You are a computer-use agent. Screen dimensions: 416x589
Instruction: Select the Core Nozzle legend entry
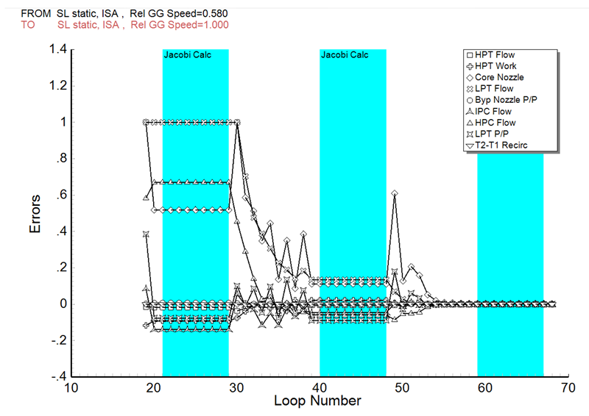coord(499,77)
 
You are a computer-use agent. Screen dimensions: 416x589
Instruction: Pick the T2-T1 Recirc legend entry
coord(501,146)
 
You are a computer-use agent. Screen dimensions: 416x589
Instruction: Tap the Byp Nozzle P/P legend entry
coord(505,100)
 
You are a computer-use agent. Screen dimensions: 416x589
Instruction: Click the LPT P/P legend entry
coord(494,135)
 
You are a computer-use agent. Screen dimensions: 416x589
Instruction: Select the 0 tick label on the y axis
coord(61,304)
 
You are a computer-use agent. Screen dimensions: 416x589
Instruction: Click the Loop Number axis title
coord(317,401)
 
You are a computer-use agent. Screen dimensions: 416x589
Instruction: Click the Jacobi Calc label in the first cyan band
coord(187,55)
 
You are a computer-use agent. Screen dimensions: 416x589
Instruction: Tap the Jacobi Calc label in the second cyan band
coord(345,55)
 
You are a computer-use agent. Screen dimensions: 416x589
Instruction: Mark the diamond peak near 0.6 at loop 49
coord(395,193)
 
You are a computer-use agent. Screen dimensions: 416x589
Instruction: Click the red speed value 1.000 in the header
coord(214,25)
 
